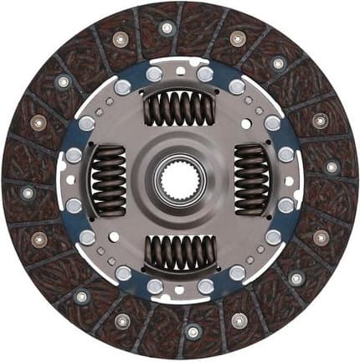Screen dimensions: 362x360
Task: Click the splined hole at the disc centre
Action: pos(179,178)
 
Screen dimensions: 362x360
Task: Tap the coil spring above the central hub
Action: pos(179,107)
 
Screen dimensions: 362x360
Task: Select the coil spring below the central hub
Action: pos(179,251)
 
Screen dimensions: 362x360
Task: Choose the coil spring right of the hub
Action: pos(251,178)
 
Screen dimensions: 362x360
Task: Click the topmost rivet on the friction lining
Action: pos(167,28)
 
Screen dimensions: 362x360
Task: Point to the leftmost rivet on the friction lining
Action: pos(28,193)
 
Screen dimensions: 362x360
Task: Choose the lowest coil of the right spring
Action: pos(251,206)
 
